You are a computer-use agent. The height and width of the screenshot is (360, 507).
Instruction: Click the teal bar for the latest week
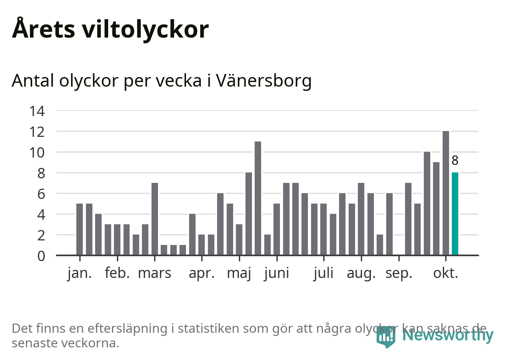click(455, 214)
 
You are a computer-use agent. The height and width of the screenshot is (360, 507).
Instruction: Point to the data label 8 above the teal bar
click(455, 161)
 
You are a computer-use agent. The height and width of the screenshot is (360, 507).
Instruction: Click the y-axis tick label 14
click(37, 111)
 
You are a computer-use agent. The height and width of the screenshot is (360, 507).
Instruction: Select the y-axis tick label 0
click(41, 256)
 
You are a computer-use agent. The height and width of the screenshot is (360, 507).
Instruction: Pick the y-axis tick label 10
click(37, 153)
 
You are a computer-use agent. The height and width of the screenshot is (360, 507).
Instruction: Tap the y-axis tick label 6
click(41, 194)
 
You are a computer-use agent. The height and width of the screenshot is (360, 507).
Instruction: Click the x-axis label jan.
click(80, 273)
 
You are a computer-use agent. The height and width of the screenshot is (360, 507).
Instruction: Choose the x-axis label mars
click(155, 273)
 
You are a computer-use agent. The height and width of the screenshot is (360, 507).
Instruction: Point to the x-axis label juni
click(277, 273)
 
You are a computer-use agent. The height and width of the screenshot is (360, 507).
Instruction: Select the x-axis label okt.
click(446, 273)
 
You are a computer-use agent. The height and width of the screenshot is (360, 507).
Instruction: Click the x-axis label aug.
click(361, 273)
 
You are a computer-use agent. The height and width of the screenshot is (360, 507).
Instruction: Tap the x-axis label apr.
click(202, 273)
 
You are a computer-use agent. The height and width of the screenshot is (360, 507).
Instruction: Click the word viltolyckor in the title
click(145, 29)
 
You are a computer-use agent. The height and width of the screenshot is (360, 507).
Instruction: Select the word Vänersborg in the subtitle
click(264, 81)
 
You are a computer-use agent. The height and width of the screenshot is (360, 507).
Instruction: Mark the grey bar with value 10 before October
click(427, 203)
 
